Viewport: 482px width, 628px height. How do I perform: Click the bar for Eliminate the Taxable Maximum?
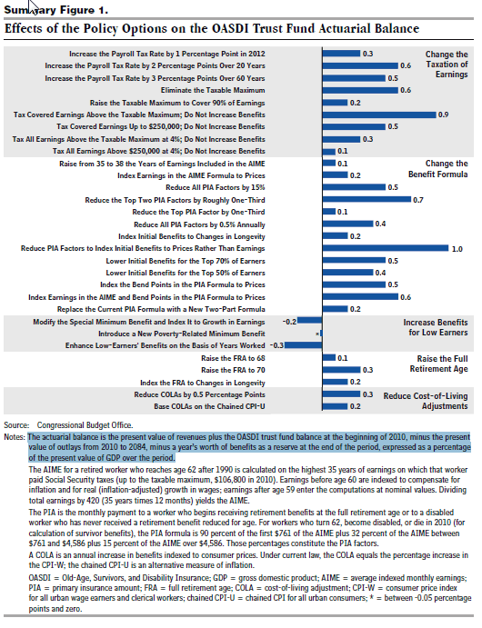coord(361,90)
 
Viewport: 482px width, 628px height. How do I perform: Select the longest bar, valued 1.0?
coord(386,248)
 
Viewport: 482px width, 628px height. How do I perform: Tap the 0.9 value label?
coord(443,115)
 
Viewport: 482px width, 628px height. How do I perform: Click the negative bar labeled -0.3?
coord(304,345)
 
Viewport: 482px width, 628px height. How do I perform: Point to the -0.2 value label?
coord(289,322)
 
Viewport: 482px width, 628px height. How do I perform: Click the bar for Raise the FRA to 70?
coord(341,370)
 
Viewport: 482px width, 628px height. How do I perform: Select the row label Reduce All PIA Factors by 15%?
coord(216,187)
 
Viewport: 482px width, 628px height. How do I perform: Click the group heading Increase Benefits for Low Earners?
coord(436,327)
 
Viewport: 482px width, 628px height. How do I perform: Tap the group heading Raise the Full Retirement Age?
coord(438,364)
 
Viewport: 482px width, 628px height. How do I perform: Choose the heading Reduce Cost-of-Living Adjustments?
coord(426,401)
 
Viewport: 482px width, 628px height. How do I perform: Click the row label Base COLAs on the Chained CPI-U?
coord(209,406)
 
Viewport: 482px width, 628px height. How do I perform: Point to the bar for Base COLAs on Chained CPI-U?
coord(335,406)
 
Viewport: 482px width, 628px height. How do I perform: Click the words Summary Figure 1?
coord(56,10)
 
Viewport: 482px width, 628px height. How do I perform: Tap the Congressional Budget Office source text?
coord(85,425)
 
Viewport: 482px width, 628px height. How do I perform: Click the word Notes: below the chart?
coord(15,437)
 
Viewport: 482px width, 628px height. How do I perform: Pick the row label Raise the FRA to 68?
coord(233,358)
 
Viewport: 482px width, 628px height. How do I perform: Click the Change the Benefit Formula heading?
coord(438,169)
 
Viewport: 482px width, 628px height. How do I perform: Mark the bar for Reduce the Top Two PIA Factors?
coord(367,199)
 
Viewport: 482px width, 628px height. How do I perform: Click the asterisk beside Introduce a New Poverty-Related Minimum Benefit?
coord(316,334)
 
